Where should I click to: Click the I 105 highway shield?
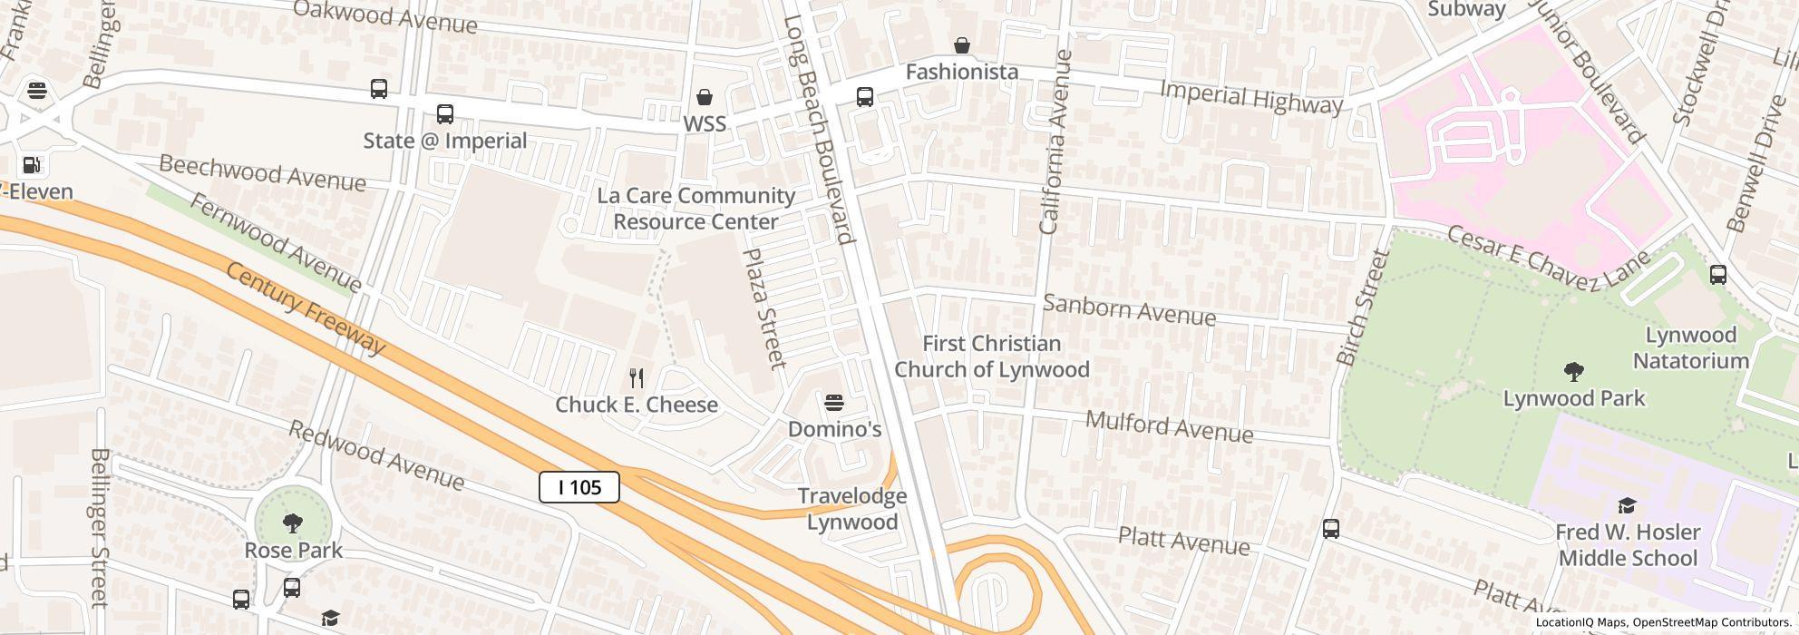tap(579, 487)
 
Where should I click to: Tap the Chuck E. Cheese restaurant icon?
tap(637, 378)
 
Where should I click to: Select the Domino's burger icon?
tap(834, 403)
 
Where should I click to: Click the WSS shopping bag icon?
tap(704, 97)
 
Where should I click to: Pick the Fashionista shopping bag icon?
tap(961, 45)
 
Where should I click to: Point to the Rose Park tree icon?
tap(292, 523)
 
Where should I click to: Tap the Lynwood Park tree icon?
tap(1574, 371)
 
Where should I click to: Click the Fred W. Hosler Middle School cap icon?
tap(1627, 505)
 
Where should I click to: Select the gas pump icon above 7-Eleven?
tap(32, 165)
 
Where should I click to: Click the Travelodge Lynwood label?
tap(851, 509)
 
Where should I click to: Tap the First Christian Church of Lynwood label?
tap(991, 357)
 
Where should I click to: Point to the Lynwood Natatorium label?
tap(1690, 347)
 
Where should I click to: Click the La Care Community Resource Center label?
tap(695, 209)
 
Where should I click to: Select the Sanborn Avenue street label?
tap(1129, 309)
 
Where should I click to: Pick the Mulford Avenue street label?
tap(1169, 426)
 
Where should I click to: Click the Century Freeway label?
tap(306, 308)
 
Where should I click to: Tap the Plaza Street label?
tap(764, 308)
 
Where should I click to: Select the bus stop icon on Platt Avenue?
tap(1330, 529)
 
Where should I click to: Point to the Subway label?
tap(1466, 9)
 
